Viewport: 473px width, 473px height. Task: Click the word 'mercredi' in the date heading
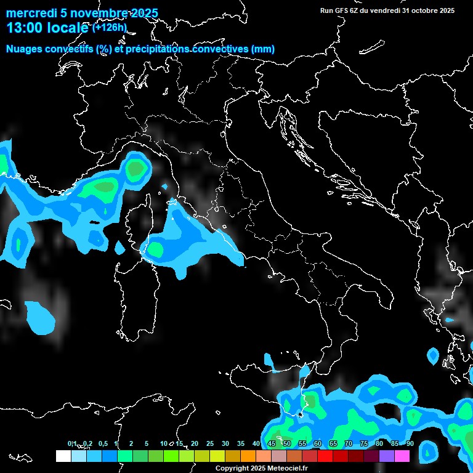[x=30, y=14]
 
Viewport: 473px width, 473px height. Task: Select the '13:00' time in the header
[x=25, y=28]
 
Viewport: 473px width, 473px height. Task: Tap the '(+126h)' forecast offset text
[x=110, y=27]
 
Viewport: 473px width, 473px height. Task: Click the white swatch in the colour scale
[x=63, y=456]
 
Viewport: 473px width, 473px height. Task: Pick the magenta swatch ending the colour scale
[x=402, y=456]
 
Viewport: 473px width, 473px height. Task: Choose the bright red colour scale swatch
[x=325, y=456]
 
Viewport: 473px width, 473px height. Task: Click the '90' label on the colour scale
[x=410, y=443]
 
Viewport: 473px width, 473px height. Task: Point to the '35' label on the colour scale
[x=240, y=443]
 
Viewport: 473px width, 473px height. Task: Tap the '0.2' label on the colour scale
[x=88, y=443]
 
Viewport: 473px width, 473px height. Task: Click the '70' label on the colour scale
[x=348, y=443]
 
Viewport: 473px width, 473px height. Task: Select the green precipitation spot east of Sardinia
[x=155, y=249]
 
